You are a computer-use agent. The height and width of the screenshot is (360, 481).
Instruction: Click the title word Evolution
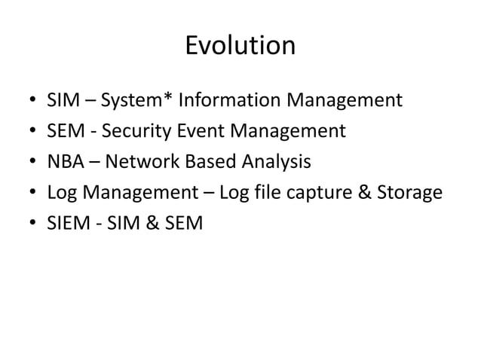click(x=240, y=47)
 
